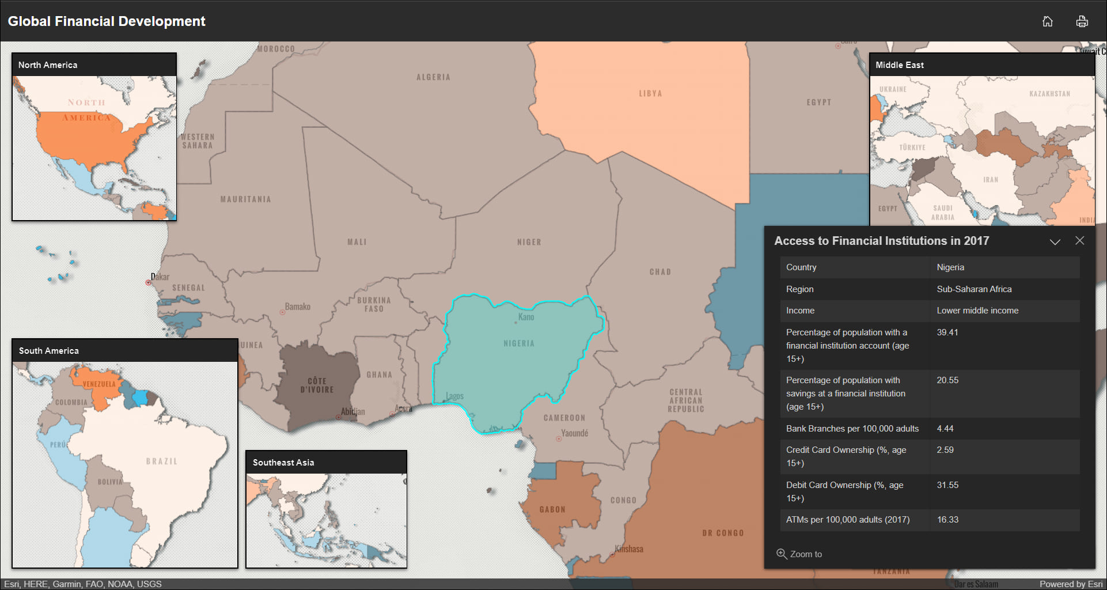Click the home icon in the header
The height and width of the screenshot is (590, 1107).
pos(1047,21)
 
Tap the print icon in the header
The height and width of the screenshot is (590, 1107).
pos(1082,21)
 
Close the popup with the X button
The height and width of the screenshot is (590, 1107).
pos(1079,241)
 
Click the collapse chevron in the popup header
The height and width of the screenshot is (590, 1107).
pos(1055,241)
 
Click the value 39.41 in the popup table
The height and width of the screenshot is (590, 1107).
pos(947,332)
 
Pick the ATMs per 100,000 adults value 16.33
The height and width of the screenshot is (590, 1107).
pos(947,520)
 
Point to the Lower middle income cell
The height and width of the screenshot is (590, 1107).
pos(977,311)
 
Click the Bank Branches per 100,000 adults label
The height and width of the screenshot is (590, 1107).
pos(852,429)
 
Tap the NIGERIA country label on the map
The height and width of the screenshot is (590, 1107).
pos(518,343)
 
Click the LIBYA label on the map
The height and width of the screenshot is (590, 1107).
pos(650,93)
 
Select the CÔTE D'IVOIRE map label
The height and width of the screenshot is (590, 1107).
pos(317,385)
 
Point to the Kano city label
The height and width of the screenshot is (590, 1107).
pos(526,317)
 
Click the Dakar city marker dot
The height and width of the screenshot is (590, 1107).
pos(148,282)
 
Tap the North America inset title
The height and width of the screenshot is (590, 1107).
pos(48,65)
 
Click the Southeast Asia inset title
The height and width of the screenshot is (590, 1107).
pos(283,463)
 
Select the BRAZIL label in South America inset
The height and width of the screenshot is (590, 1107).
pos(161,462)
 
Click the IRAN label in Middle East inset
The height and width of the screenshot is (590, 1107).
pos(990,180)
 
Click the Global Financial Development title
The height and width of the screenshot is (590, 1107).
pos(107,21)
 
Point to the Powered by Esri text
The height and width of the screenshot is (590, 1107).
pos(1070,584)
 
